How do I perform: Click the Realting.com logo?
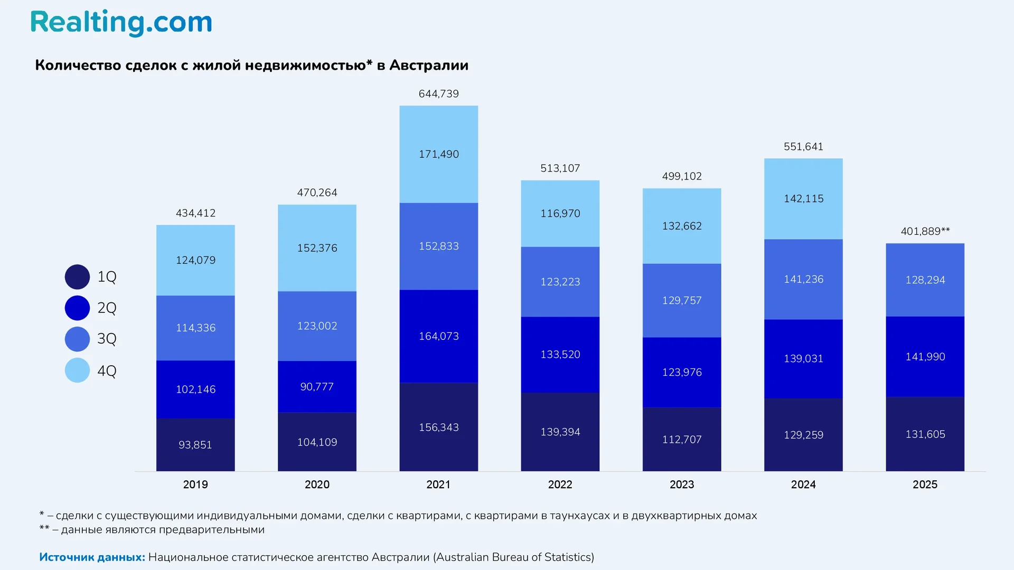click(121, 23)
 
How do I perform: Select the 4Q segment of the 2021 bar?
click(438, 154)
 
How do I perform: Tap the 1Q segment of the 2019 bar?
click(195, 444)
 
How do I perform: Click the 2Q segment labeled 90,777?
click(317, 386)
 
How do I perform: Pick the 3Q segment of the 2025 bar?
click(925, 280)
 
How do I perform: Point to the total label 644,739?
click(438, 94)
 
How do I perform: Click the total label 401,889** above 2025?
click(925, 231)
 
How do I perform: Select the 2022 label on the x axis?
click(560, 484)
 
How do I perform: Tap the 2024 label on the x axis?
click(803, 484)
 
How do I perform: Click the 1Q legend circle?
click(77, 277)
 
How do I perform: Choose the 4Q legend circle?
click(77, 370)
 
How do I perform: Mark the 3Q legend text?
click(107, 339)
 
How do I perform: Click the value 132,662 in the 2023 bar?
click(682, 226)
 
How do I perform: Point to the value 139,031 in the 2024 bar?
click(803, 358)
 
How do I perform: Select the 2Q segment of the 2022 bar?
click(560, 354)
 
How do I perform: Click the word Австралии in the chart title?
click(429, 65)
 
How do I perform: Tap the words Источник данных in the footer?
click(92, 557)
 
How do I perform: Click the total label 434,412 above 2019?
click(195, 213)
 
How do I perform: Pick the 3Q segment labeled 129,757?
click(682, 300)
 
